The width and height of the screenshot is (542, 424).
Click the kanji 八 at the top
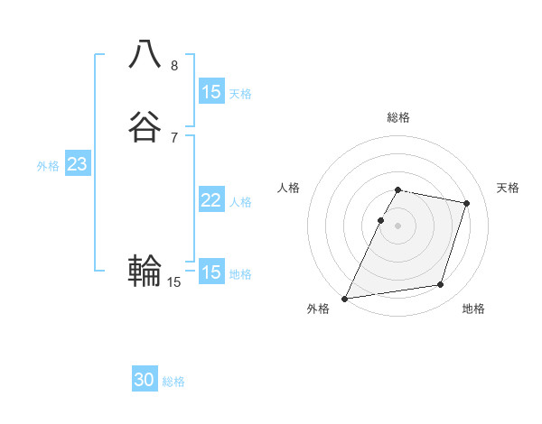tap(145, 55)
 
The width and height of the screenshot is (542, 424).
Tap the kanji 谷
tap(145, 127)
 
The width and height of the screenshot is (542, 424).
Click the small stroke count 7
tap(174, 137)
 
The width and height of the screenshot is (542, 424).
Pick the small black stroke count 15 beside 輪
tap(174, 282)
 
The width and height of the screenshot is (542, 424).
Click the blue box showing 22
tap(210, 200)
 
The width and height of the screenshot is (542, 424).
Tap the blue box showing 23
tap(77, 164)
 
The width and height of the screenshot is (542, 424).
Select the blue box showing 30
tap(145, 380)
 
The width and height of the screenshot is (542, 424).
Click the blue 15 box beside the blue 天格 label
tap(210, 91)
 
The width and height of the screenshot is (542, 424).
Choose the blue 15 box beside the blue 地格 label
tap(210, 272)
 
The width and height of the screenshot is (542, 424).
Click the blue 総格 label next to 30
tap(174, 382)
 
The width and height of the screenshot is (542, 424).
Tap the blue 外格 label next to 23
tap(48, 166)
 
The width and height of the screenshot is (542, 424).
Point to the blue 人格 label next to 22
tap(240, 202)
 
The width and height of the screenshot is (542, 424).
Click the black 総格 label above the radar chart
tap(397, 117)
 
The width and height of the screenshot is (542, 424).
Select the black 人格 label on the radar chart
tap(288, 188)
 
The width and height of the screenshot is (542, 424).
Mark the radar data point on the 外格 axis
tap(345, 298)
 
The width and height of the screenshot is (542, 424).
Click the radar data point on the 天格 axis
tap(466, 203)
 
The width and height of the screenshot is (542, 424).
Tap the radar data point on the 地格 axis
tap(441, 285)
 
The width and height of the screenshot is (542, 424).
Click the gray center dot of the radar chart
tap(397, 226)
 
